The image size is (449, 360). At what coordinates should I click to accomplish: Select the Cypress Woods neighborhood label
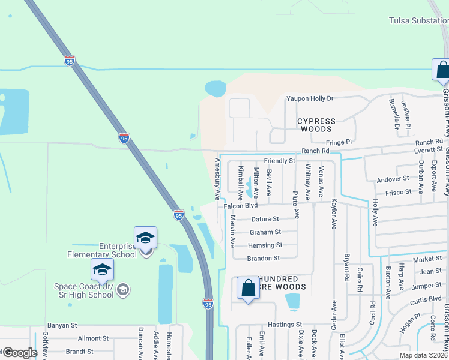[x=316, y=125]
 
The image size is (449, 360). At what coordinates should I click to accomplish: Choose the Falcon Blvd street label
[x=240, y=206]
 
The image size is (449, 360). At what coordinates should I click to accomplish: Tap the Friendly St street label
[x=279, y=161]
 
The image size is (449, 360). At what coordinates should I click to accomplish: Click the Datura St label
[x=265, y=220]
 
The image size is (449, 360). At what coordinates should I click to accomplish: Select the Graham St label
[x=265, y=232]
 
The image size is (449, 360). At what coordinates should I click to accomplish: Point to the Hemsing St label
[x=265, y=245]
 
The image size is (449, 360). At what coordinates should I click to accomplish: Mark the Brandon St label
[x=264, y=259]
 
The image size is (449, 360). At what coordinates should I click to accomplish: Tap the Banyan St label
[x=62, y=325]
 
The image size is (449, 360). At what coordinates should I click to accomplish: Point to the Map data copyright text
[x=423, y=355]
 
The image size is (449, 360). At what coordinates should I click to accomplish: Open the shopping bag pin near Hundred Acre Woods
[x=248, y=289]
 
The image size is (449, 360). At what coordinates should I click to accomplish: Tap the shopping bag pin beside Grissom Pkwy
[x=441, y=70]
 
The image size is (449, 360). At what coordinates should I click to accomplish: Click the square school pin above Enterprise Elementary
[x=145, y=238]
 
